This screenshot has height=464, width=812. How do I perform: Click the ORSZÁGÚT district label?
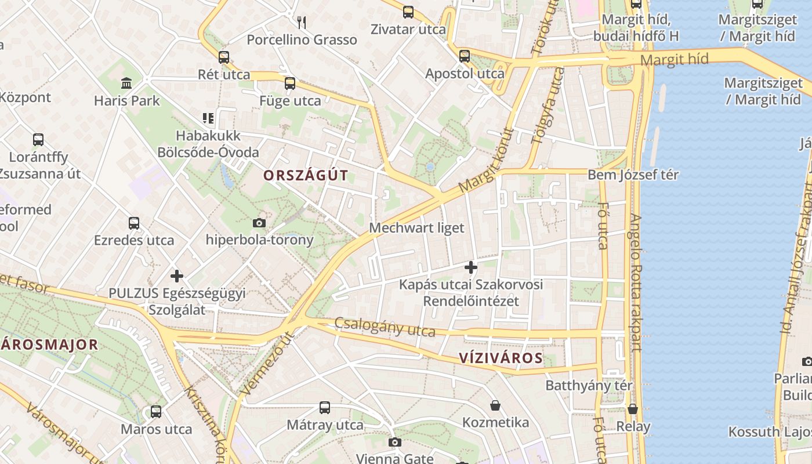[306, 175]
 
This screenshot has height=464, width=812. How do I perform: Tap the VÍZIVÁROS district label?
[501, 358]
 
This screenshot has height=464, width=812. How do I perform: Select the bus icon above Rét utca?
[224, 57]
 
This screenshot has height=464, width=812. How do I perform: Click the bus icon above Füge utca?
[290, 84]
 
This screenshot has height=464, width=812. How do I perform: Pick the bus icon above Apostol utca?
[465, 56]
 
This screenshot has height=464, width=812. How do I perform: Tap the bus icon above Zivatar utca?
[408, 12]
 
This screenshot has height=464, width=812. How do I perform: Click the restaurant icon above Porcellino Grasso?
[302, 23]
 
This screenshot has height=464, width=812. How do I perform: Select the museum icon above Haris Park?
[126, 84]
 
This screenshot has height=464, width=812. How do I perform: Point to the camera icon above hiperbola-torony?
[259, 223]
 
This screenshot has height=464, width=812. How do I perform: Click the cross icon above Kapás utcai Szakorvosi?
[471, 267]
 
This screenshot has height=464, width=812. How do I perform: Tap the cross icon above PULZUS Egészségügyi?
[177, 276]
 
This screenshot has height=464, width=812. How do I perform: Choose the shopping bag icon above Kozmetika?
[495, 405]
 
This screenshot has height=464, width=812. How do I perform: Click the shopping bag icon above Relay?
[633, 409]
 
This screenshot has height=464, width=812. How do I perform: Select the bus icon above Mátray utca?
[325, 408]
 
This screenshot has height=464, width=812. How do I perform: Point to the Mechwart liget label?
[416, 228]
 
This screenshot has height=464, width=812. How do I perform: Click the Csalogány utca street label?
[385, 327]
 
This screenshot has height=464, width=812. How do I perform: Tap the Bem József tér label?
[633, 175]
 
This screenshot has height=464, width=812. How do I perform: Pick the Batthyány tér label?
[589, 385]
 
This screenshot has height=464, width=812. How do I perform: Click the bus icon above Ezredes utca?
[134, 223]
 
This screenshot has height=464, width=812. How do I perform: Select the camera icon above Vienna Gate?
[395, 443]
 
